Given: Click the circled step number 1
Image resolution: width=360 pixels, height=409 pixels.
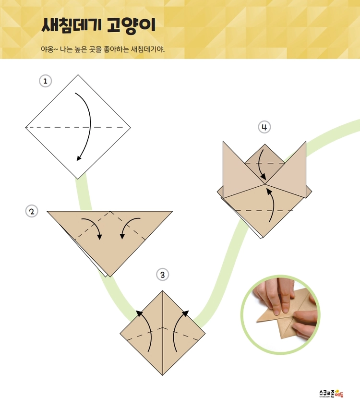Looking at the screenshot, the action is tap(46, 81).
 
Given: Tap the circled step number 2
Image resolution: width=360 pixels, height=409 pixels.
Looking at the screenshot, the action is tap(32, 211).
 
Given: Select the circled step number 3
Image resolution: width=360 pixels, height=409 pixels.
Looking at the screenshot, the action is tap(163, 275).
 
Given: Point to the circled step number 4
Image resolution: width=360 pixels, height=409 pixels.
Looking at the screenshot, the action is tap(264, 127).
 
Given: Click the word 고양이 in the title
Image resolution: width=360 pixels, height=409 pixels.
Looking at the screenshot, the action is tap(132, 26).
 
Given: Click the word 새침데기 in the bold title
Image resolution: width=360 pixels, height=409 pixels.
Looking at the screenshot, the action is tap(70, 25).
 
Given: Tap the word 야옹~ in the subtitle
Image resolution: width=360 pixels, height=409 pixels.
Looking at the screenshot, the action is tap(49, 49).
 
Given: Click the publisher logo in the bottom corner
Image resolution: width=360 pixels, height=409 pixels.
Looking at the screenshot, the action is tap(331, 393).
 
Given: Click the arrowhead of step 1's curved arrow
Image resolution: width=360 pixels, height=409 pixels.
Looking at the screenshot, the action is tap(79, 158).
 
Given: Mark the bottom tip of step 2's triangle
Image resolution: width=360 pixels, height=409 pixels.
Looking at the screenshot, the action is tap(110, 277).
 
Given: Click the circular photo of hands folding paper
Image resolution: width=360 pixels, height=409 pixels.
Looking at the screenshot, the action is tap(280, 314).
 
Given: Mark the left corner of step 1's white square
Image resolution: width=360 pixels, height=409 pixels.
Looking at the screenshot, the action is tap(25, 128).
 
